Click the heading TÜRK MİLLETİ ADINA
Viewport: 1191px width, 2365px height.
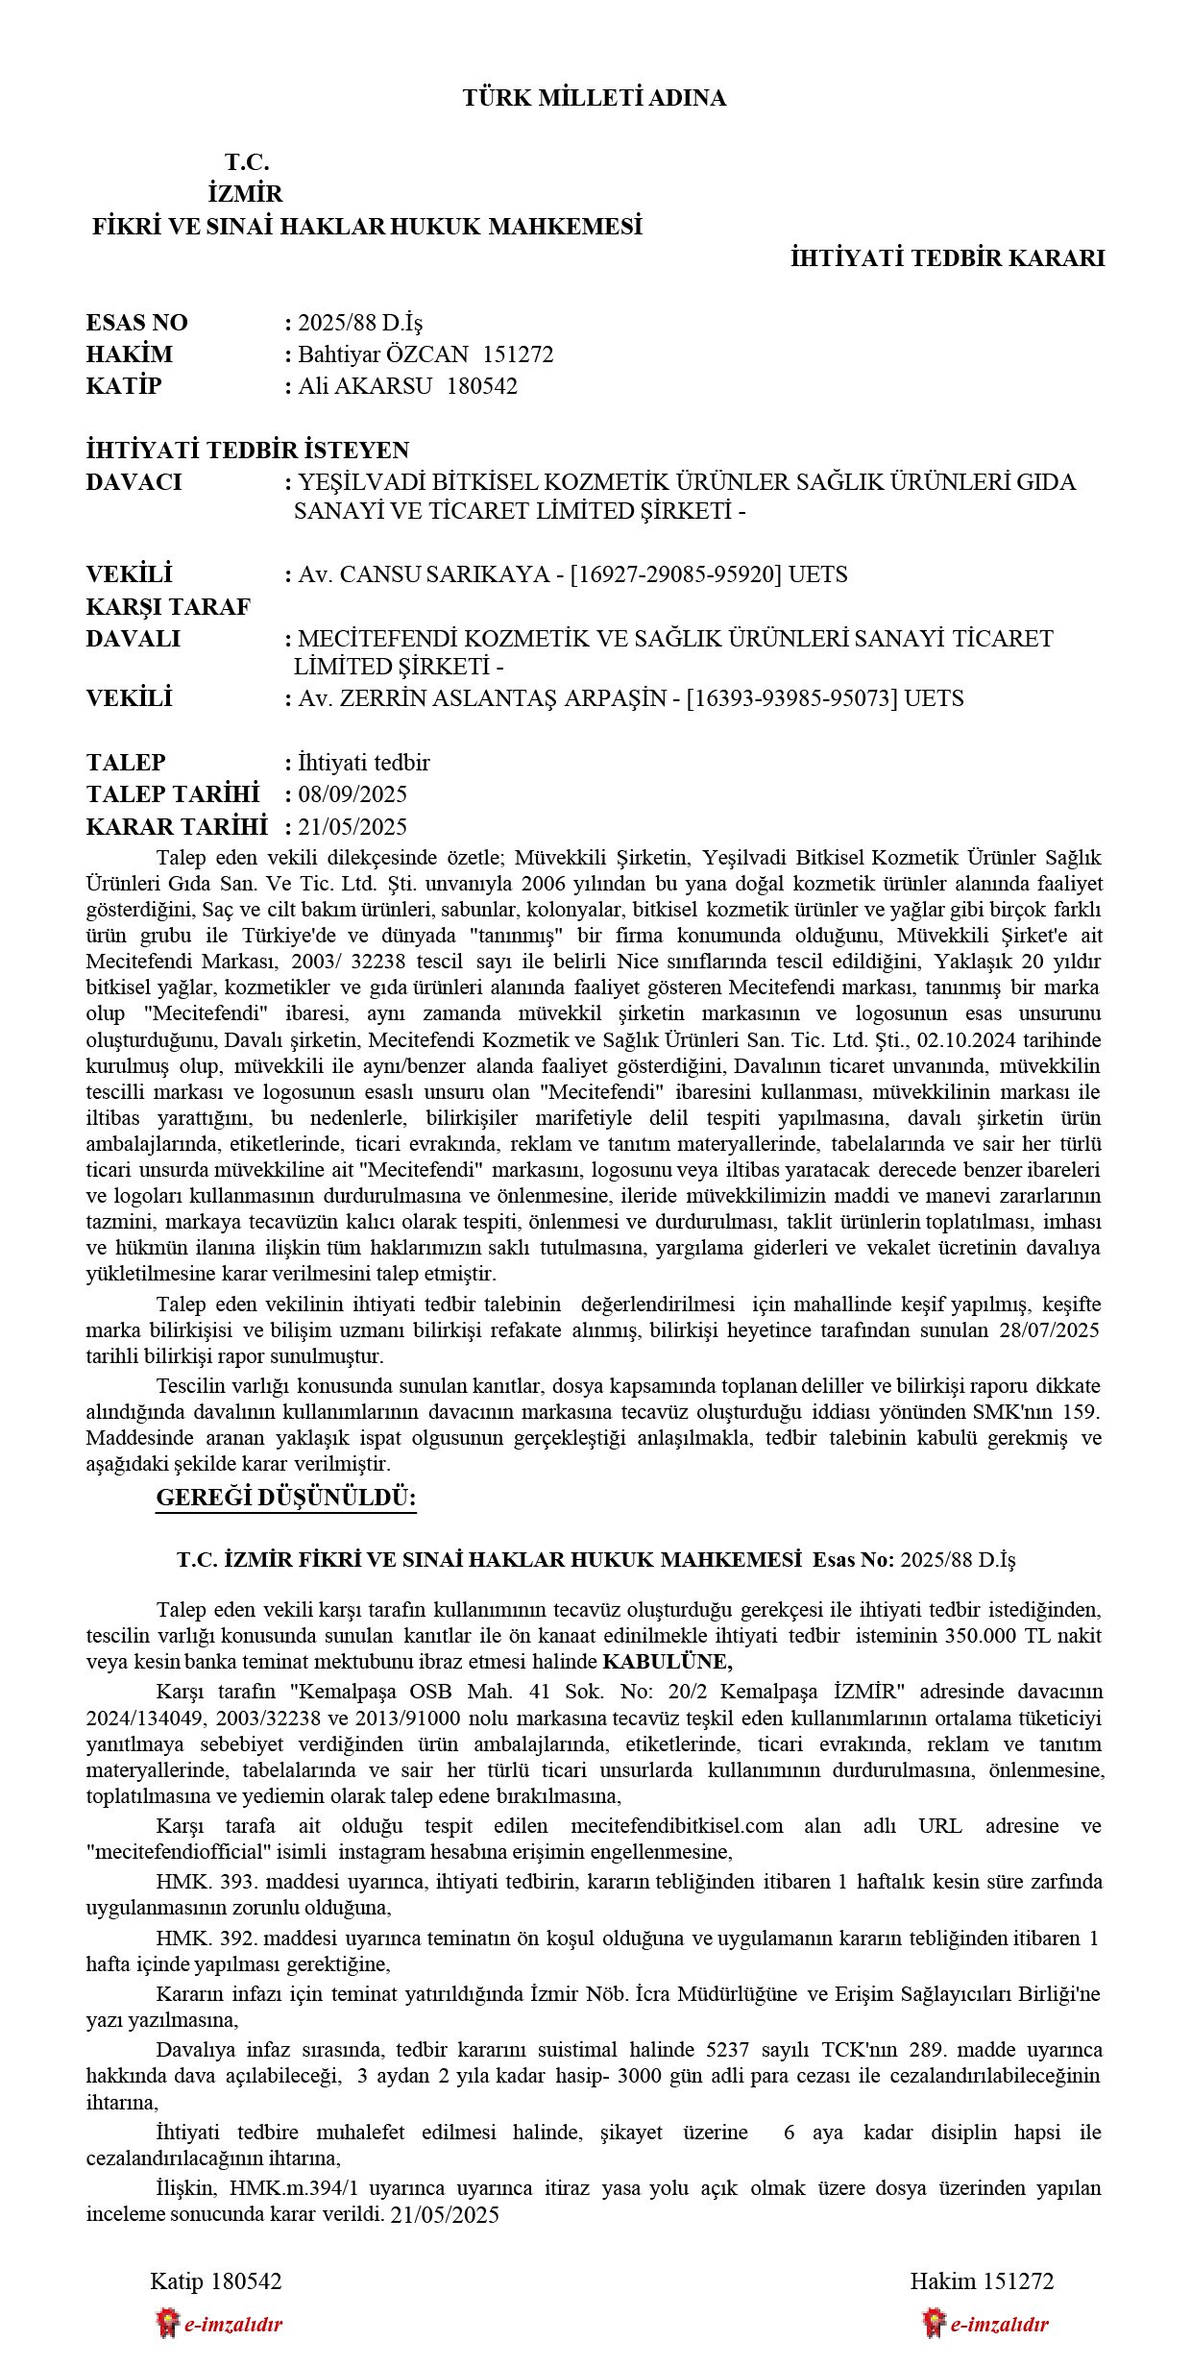(x=594, y=98)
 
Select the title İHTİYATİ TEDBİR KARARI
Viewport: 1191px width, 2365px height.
(x=947, y=258)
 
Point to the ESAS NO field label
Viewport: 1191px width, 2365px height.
(x=136, y=323)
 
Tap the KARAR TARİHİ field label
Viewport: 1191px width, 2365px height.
(x=176, y=827)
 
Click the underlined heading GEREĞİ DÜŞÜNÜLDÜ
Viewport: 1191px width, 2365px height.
(x=285, y=1498)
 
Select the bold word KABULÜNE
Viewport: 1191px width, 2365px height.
(x=668, y=1662)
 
